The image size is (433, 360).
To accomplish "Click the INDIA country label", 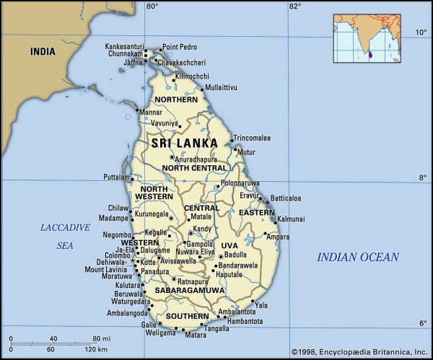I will [x=43, y=52].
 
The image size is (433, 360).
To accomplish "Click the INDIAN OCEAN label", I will [x=358, y=257].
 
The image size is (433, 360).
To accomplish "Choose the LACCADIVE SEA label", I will [x=65, y=236].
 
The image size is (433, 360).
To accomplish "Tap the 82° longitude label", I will [x=294, y=6].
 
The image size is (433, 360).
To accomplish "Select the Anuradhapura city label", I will [x=196, y=159].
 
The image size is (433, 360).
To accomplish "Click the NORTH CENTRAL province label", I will [x=194, y=168].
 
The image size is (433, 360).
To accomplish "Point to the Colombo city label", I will [x=117, y=255].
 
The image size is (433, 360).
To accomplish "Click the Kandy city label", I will [x=203, y=229].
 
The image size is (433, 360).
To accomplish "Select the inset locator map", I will [x=366, y=39].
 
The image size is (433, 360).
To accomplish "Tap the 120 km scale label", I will [x=97, y=350].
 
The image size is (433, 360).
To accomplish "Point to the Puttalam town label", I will [x=115, y=177].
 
